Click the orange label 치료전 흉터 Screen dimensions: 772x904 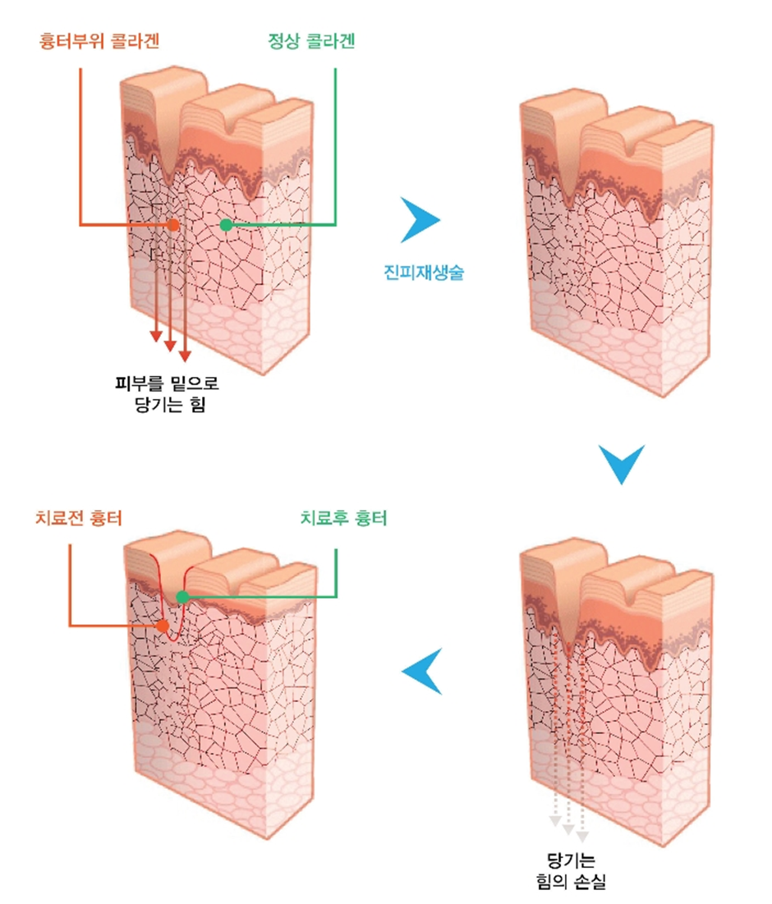coord(79,518)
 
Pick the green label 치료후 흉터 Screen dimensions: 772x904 coord(344,518)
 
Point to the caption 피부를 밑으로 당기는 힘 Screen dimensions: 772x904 coord(168,393)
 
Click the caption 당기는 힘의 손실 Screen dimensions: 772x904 coord(570,872)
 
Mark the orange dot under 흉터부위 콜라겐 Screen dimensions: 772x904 coord(172,224)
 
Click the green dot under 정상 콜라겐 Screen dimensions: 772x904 coord(226,224)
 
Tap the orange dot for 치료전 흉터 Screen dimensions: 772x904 coord(162,626)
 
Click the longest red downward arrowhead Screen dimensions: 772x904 coord(185,356)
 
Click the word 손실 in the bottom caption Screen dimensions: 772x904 coord(589,883)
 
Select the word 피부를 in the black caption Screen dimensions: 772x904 coord(141,383)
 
